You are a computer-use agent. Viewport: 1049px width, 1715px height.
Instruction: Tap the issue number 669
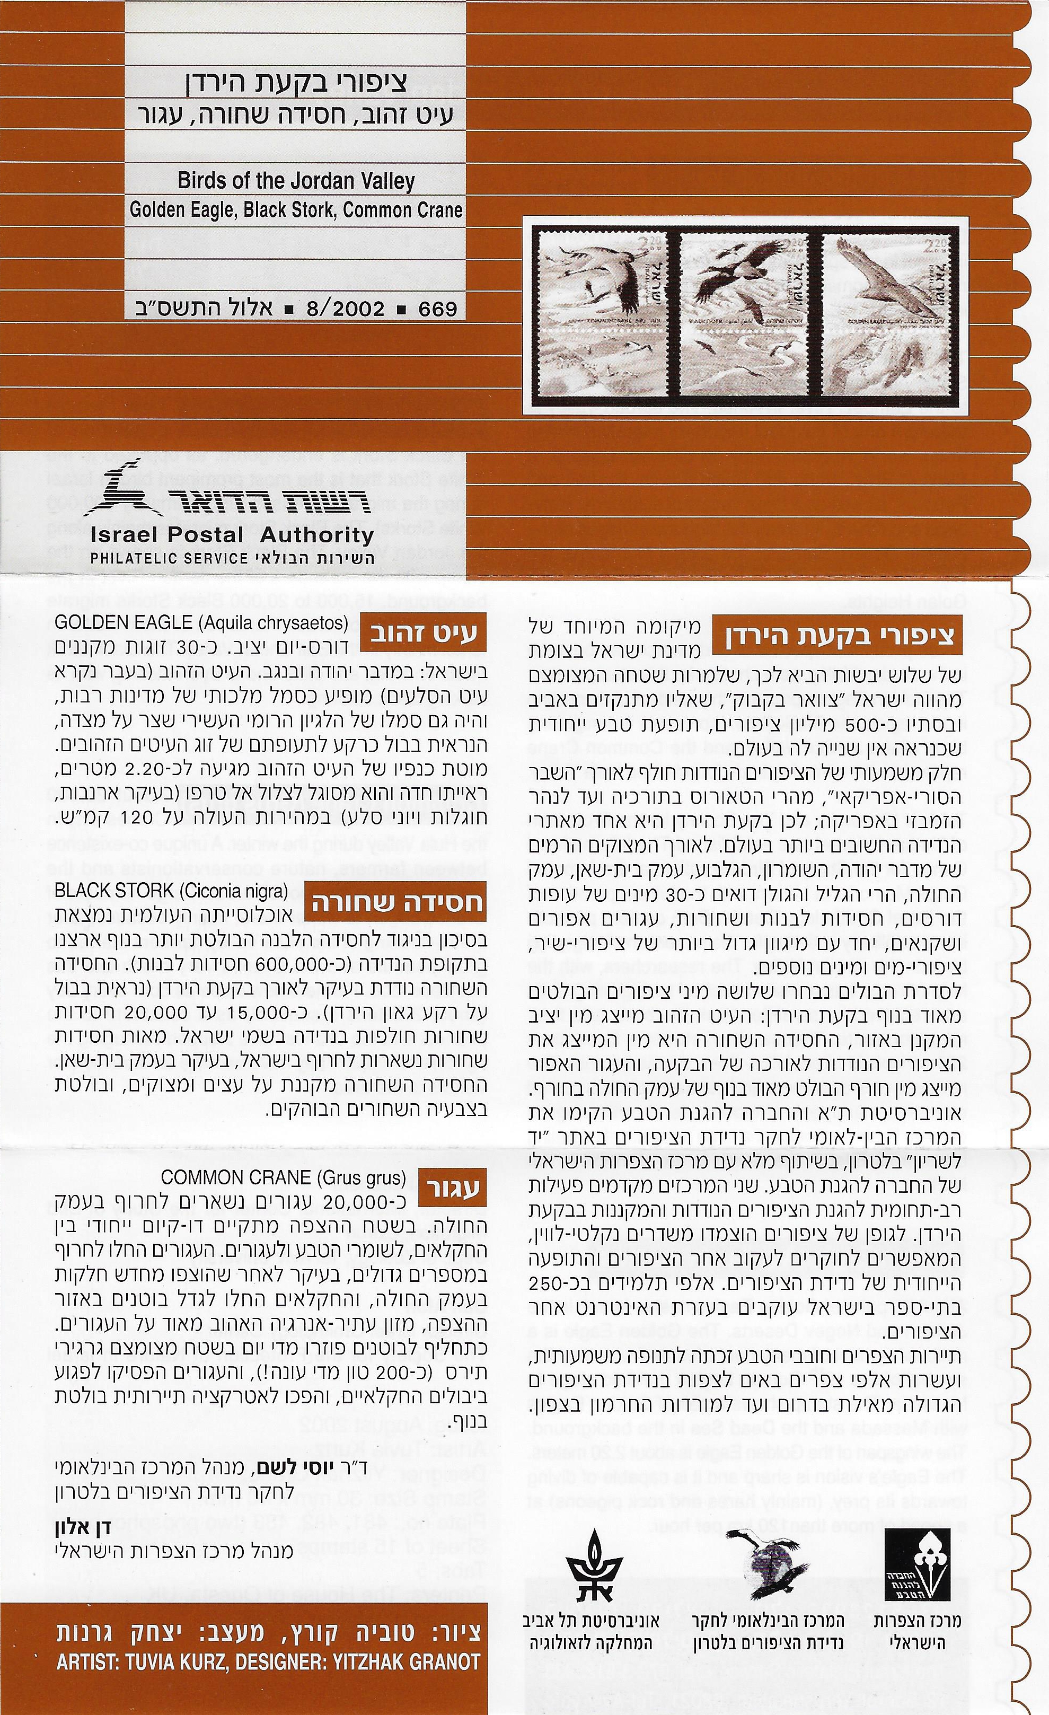click(437, 309)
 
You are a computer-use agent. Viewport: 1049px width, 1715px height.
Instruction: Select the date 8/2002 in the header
click(345, 309)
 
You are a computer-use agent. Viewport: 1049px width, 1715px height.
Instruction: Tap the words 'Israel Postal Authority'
click(231, 535)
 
